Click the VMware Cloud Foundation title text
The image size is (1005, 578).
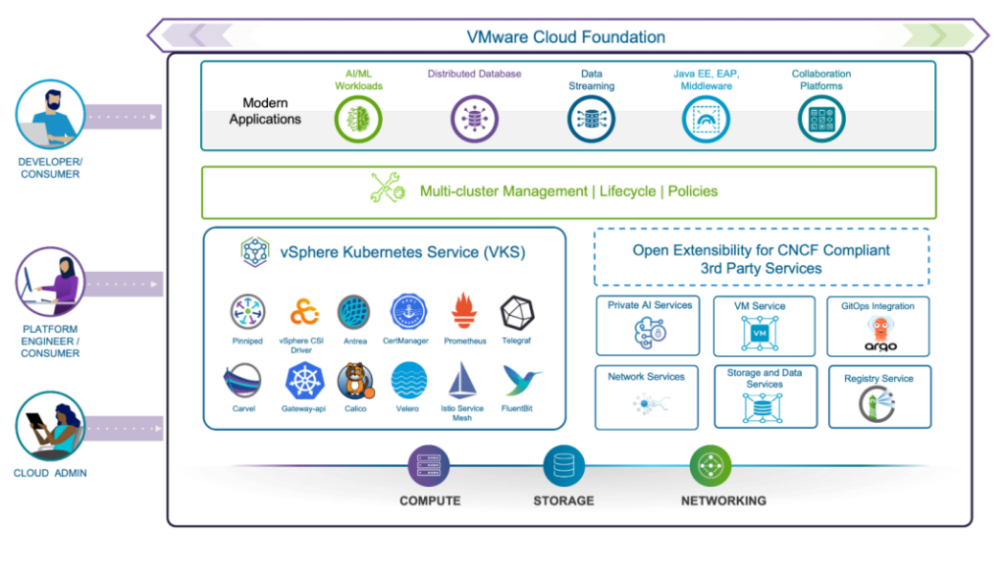point(565,37)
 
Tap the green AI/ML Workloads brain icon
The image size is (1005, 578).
point(357,120)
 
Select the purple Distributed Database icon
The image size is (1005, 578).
point(474,120)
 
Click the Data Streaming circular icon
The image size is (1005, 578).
point(591,120)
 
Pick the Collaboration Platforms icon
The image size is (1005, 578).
point(820,120)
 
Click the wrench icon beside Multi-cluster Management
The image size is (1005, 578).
point(387,188)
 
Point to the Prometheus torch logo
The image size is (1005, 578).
point(464,312)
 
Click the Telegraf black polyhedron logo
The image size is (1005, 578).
point(517,312)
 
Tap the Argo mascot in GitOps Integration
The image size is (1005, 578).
point(879,331)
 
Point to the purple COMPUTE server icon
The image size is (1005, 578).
point(429,466)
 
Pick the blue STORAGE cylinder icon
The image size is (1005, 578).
point(563,466)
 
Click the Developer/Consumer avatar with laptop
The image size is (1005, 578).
point(49,116)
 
